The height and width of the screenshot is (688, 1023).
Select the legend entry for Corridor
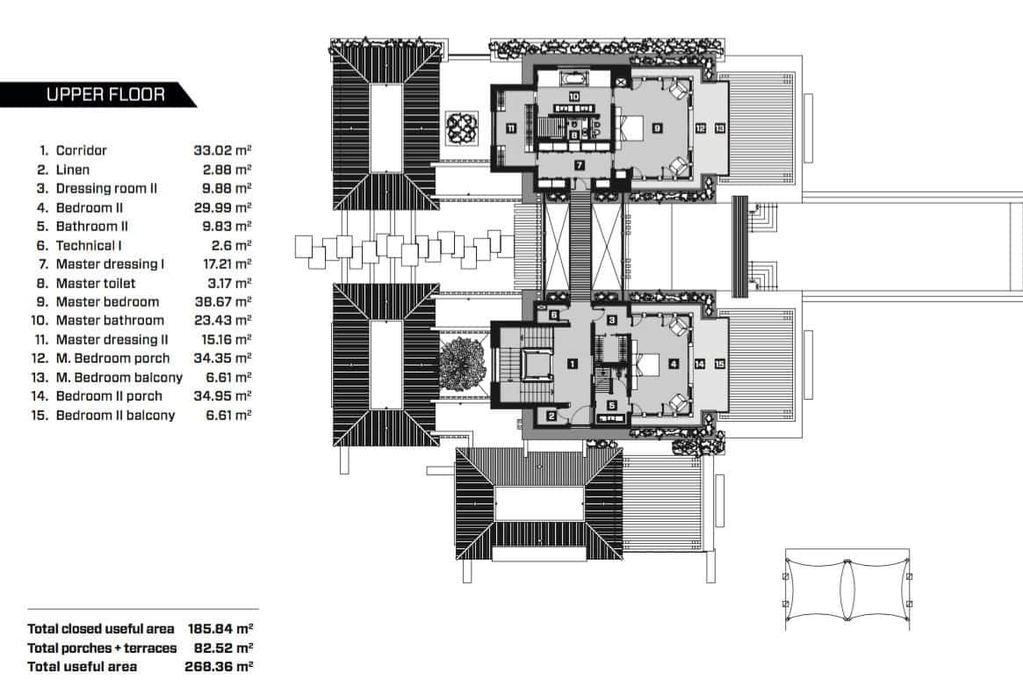(82, 151)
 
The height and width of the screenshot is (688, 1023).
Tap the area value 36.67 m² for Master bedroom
(222, 302)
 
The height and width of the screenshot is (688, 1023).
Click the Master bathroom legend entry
(109, 321)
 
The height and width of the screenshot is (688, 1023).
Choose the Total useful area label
(82, 667)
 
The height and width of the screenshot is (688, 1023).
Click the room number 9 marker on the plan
(657, 128)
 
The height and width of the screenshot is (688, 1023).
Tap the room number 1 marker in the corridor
(571, 363)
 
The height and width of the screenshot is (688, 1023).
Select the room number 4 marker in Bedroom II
(674, 363)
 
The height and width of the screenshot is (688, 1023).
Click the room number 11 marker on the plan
(510, 128)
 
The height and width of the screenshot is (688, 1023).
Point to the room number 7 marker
(580, 165)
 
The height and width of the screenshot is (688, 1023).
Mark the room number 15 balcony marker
(719, 363)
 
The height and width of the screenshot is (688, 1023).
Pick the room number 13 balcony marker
(719, 128)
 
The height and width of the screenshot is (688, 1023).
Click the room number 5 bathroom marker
(612, 405)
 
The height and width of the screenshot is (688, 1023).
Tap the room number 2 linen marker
(551, 416)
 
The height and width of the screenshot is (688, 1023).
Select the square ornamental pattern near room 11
(462, 128)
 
